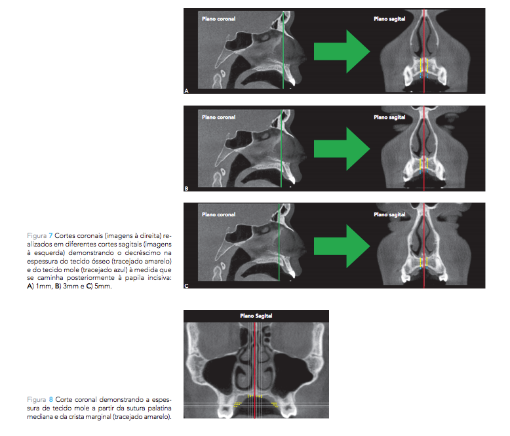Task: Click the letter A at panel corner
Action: (x=187, y=90)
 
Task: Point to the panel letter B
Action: (x=187, y=188)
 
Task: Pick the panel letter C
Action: (x=187, y=286)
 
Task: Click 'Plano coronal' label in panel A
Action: (x=218, y=19)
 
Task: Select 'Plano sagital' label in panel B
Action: (x=389, y=117)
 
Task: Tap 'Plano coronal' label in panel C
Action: (x=218, y=214)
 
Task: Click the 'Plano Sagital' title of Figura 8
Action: (x=256, y=316)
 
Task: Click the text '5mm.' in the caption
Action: (x=102, y=286)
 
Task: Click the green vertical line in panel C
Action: (x=278, y=245)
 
